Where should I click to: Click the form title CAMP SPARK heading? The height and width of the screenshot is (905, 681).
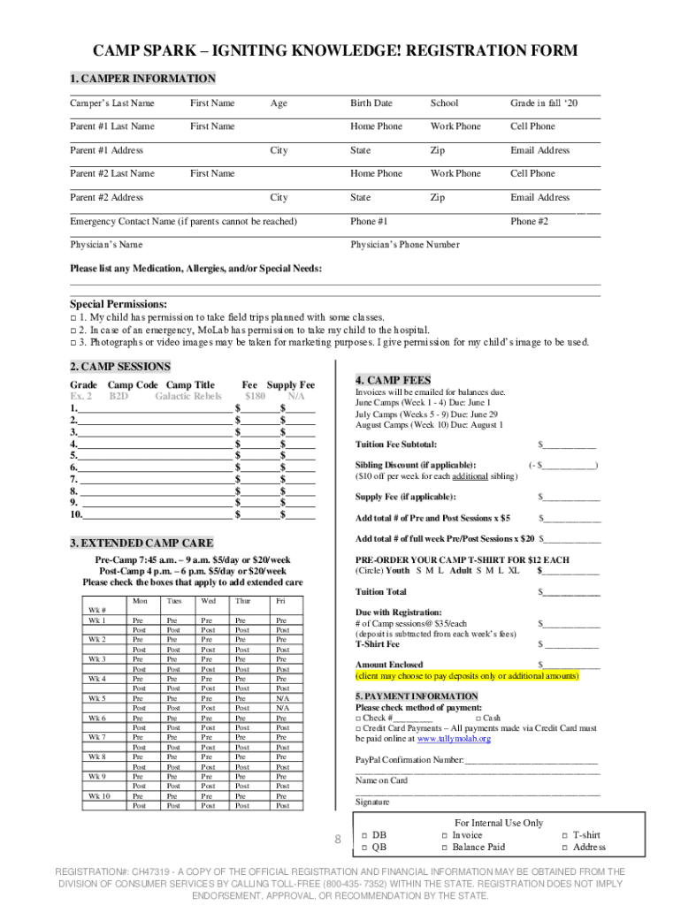(340, 50)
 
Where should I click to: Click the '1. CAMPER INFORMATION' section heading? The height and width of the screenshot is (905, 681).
(142, 79)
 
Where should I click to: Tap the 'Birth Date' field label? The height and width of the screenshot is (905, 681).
(371, 103)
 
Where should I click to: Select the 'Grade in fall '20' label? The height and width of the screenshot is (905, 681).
(543, 103)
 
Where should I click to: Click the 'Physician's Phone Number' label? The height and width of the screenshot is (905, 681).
(404, 245)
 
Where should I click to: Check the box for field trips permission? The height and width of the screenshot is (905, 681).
(73, 317)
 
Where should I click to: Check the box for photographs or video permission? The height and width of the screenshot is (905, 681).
(73, 342)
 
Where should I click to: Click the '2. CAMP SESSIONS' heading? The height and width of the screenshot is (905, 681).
(119, 367)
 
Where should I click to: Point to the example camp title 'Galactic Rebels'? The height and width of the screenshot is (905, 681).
(187, 397)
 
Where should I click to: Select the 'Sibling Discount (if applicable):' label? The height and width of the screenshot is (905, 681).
(415, 465)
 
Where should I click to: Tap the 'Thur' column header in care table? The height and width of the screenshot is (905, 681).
(241, 601)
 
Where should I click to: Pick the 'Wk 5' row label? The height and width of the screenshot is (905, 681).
(97, 698)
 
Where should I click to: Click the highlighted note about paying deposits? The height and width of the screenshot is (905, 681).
(467, 675)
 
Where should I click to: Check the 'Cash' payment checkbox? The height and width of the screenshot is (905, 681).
(478, 719)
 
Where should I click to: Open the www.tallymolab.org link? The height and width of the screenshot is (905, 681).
(453, 739)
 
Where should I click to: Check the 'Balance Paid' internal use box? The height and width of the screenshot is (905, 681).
(445, 848)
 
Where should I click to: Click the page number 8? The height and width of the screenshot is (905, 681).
(337, 839)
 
